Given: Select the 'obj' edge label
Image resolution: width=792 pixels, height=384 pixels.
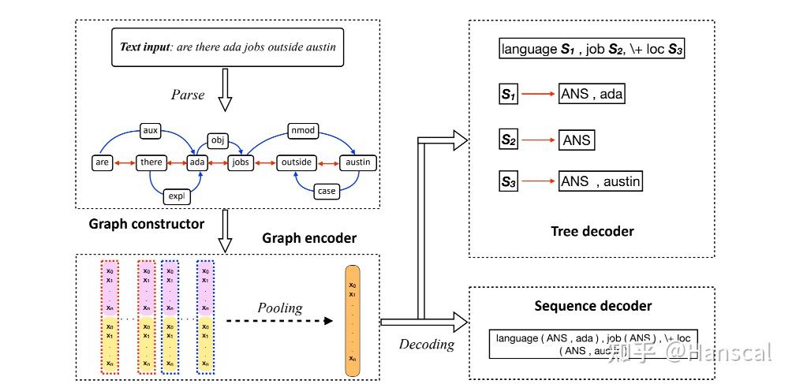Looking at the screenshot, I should pos(218,140).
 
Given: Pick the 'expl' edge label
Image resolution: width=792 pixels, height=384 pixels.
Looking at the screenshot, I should pos(175,195).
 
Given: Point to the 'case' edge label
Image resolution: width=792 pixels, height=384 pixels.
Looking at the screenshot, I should pos(326,191).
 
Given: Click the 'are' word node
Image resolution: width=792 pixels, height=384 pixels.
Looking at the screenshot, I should pos(102,162).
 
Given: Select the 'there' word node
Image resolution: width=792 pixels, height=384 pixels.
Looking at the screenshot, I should pos(151,162).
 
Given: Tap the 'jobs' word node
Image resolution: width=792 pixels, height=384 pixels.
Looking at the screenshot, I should pos(239,162).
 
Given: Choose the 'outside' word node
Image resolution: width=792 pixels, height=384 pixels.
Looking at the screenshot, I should pos(296,162).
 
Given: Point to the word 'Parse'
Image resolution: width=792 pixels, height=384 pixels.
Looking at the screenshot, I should pos(188,95).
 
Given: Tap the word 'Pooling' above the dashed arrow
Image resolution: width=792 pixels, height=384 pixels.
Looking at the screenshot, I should pos(279,308).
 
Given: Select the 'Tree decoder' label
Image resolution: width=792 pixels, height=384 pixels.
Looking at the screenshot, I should pos(592,231).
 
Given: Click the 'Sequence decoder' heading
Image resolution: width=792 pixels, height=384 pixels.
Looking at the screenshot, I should pos(592,306).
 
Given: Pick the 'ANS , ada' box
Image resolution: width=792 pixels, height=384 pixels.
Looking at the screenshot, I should pos(592,94).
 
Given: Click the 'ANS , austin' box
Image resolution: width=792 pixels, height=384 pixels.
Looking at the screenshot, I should pos(600,181).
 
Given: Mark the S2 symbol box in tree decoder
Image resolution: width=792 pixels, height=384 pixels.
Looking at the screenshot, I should pos(509,140).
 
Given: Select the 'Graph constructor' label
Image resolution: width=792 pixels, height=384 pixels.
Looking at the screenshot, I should pos(147,223).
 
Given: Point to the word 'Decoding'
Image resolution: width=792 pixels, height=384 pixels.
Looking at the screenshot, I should pos(427,344).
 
